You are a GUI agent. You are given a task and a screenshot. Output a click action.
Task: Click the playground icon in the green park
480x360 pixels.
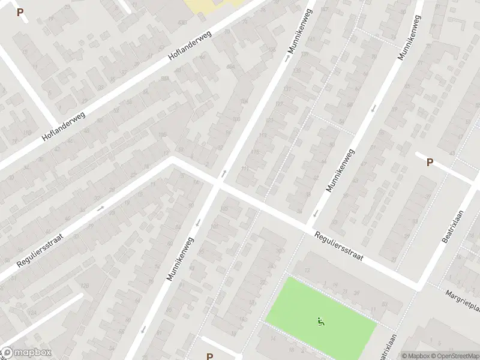click(320, 323)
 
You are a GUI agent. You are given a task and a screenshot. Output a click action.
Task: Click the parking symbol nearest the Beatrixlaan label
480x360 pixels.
click(430, 162)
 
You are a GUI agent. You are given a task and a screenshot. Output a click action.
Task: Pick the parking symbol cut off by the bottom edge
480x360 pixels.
click(209, 356)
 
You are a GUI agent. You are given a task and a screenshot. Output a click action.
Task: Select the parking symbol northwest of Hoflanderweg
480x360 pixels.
click(20, 12)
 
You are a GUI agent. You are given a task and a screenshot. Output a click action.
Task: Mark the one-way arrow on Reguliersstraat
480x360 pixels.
click(100, 208)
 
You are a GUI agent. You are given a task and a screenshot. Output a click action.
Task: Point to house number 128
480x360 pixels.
click(85, 285)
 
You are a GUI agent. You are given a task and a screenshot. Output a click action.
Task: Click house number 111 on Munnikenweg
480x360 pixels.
click(245, 169)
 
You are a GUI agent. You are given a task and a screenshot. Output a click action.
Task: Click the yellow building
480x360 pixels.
click(213, 5)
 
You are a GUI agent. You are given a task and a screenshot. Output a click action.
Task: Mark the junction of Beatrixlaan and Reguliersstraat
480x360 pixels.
click(418, 285)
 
